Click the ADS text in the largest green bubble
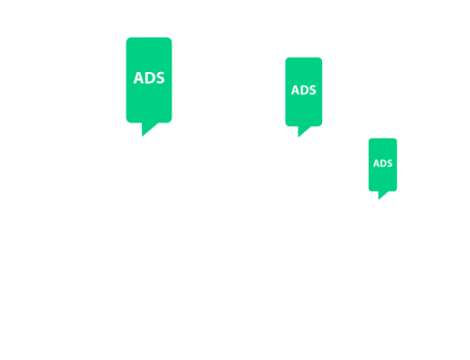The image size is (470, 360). click(150, 78)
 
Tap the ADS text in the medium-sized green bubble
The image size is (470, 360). click(304, 90)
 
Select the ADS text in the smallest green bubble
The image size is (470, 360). click(382, 164)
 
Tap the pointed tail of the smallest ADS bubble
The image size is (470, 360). click(381, 195)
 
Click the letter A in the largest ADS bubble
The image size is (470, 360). click(139, 78)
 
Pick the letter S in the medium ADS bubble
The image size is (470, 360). click(313, 90)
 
